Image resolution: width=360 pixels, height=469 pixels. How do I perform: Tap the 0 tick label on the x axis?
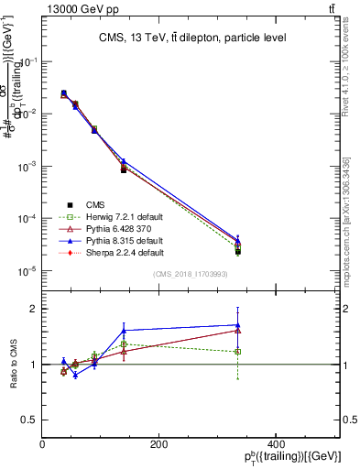coord(43,444)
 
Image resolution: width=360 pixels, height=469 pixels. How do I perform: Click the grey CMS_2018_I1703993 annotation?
coord(192,275)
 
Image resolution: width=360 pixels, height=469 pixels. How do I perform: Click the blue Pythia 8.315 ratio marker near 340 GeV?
coord(237,324)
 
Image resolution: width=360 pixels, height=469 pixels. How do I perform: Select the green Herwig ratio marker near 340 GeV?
coord(237,352)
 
